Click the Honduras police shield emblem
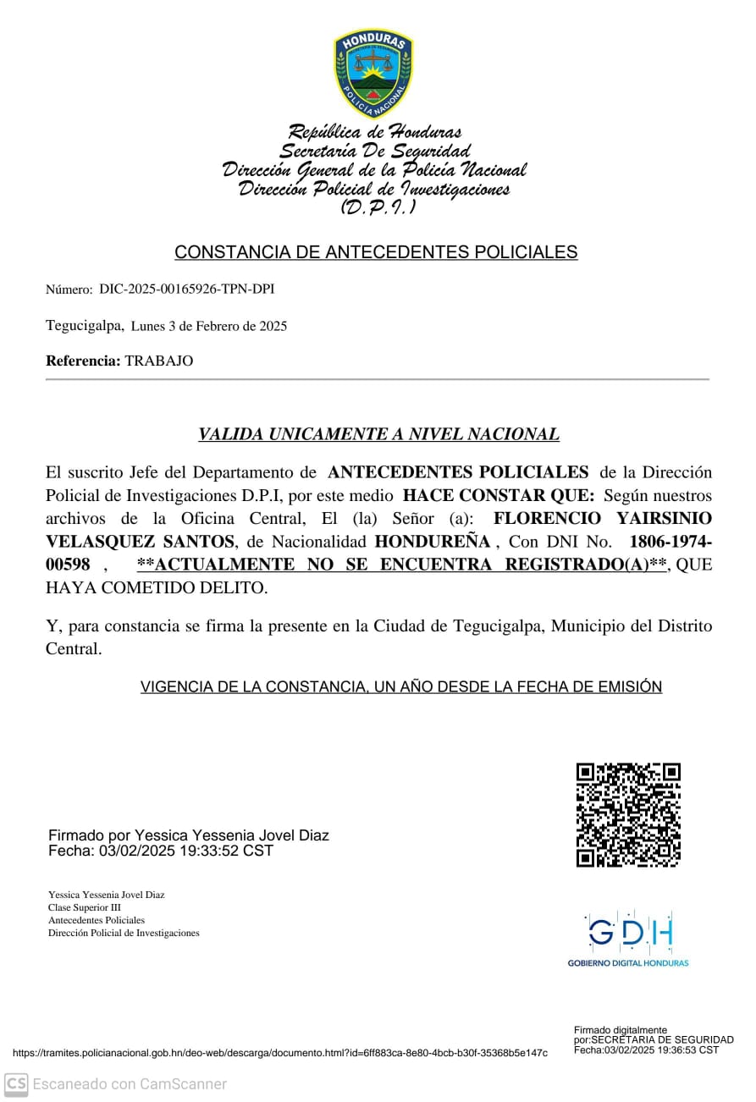point(372,73)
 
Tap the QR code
point(628,815)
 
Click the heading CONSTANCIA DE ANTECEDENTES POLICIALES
point(376,252)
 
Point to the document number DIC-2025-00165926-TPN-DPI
point(186,289)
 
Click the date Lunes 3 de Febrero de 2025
point(209,326)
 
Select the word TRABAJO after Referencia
point(159,361)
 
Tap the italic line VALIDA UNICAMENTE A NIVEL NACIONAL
point(378,435)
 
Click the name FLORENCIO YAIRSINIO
point(602,518)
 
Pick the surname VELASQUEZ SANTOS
point(140,542)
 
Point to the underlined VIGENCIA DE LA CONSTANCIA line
point(400,687)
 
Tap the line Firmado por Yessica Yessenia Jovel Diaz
point(189,836)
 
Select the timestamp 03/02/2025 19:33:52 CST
point(186,851)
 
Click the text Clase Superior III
point(85,907)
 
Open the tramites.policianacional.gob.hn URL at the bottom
point(279,1053)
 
